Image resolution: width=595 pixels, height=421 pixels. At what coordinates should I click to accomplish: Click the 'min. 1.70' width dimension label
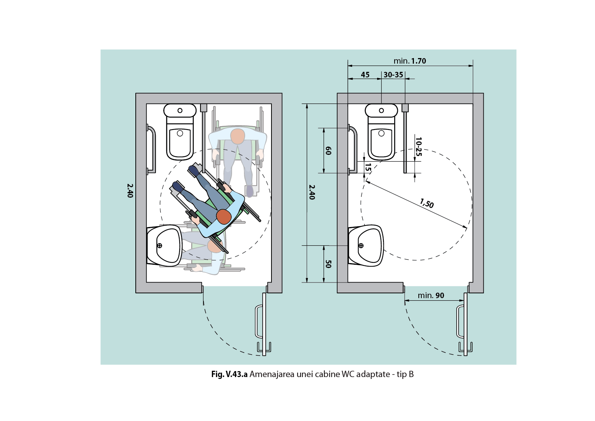[x=410, y=61]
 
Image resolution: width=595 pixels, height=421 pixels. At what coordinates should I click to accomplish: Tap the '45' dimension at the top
[x=365, y=75]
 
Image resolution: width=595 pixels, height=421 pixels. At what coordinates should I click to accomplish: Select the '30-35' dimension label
[x=393, y=75]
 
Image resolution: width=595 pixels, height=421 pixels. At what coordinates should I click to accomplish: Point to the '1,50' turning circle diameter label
[x=427, y=203]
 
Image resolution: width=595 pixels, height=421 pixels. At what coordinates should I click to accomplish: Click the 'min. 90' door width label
[x=431, y=295]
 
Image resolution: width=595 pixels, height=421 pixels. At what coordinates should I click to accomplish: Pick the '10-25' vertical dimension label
[x=419, y=147]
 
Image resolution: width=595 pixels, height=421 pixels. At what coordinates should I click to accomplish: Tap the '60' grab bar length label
[x=328, y=151]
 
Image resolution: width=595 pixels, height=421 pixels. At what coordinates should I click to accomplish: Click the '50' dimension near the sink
[x=328, y=264]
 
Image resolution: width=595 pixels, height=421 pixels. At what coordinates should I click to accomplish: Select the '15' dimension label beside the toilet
[x=368, y=168]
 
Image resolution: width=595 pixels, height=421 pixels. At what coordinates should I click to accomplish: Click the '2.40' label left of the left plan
[x=130, y=191]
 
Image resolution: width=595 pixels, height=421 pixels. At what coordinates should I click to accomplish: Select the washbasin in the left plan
[x=164, y=246]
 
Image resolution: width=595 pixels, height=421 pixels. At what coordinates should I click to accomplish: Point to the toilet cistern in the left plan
[x=180, y=111]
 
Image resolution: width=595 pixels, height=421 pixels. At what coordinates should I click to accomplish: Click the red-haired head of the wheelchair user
[x=223, y=217]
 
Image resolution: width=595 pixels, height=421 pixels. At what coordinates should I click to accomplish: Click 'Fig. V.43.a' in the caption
[x=229, y=374]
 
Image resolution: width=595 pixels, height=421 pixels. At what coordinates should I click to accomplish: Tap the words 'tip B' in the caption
[x=405, y=374]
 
